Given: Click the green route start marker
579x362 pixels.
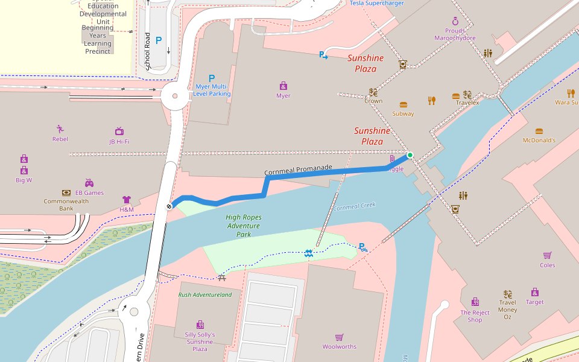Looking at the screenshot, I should (410, 155).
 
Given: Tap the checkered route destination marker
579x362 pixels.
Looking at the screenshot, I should (169, 206).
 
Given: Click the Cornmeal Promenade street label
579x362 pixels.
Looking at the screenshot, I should (299, 170).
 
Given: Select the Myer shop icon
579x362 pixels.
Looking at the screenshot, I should (283, 86).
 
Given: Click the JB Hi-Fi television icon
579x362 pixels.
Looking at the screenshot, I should (119, 132).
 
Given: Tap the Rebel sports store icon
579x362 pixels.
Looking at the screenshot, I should (60, 129).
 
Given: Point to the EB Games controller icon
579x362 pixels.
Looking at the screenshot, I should (89, 183).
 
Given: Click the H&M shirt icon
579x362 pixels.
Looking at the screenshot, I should (126, 200).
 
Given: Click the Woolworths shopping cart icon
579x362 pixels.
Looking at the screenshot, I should (340, 337).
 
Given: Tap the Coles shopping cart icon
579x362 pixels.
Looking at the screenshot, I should (547, 255).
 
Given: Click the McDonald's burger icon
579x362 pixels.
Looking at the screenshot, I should (539, 130).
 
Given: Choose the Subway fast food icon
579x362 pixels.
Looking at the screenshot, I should (403, 104).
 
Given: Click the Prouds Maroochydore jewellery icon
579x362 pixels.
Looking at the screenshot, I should (455, 21).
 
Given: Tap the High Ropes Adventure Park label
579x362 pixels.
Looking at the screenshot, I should (243, 226).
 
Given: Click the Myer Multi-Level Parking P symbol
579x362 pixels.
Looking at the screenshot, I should (212, 78).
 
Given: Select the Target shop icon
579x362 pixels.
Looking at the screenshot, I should (534, 292).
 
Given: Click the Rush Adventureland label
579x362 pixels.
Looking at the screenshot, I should (204, 295).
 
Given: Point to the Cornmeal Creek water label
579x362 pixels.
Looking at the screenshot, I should (355, 206).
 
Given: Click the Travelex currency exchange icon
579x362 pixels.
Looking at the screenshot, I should (467, 94).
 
